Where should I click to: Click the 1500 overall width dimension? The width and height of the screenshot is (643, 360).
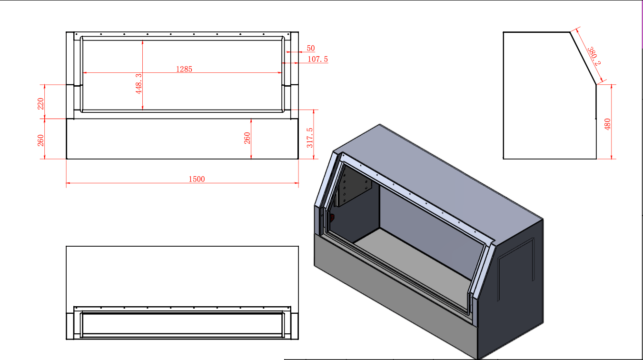pyautogui.click(x=197, y=179)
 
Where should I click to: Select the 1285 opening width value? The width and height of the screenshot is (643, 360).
pyautogui.click(x=184, y=69)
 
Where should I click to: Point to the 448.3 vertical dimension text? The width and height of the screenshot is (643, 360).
pyautogui.click(x=138, y=84)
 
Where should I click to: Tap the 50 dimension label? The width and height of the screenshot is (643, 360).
pyautogui.click(x=311, y=48)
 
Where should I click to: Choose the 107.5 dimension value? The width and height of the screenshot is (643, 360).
pyautogui.click(x=317, y=59)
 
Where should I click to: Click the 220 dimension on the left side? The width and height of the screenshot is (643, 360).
pyautogui.click(x=41, y=104)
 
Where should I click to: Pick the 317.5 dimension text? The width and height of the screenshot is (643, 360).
pyautogui.click(x=310, y=138)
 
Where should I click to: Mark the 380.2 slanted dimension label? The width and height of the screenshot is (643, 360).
pyautogui.click(x=594, y=56)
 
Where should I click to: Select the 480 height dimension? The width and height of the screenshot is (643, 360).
pyautogui.click(x=607, y=124)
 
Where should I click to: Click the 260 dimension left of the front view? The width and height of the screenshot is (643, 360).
pyautogui.click(x=41, y=140)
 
